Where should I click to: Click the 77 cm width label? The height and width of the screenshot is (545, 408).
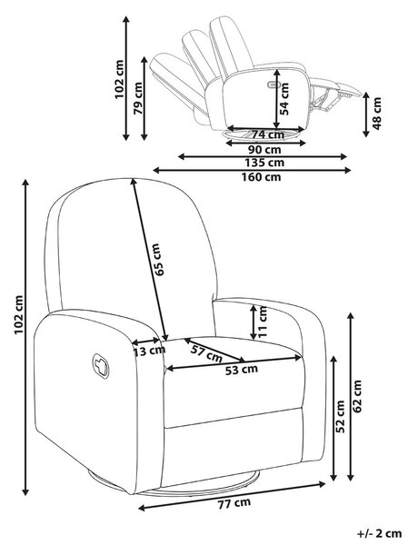tap(234, 503)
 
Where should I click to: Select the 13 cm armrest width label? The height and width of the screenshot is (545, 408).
tap(149, 351)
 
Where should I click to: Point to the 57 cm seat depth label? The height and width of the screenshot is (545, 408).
tap(206, 353)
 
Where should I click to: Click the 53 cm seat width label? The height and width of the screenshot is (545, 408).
tap(242, 370)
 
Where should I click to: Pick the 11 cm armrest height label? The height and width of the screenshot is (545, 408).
tap(263, 322)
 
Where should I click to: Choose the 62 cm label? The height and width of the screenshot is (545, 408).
tap(357, 396)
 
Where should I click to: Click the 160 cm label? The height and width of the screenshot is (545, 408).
tap(261, 177)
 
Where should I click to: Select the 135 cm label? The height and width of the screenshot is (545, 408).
tap(264, 163)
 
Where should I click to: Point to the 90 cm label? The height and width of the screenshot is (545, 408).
tap(264, 150)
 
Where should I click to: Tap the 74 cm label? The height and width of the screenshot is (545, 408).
tap(267, 134)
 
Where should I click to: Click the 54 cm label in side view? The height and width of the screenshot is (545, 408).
tap(284, 99)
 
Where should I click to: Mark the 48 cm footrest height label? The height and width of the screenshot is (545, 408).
tap(377, 114)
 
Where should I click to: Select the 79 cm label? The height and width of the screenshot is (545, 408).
tap(138, 98)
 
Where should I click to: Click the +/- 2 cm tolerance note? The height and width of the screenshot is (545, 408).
tap(380, 533)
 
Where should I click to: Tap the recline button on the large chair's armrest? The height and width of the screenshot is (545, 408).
tap(101, 366)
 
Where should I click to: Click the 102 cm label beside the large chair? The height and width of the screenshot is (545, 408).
tap(18, 314)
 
